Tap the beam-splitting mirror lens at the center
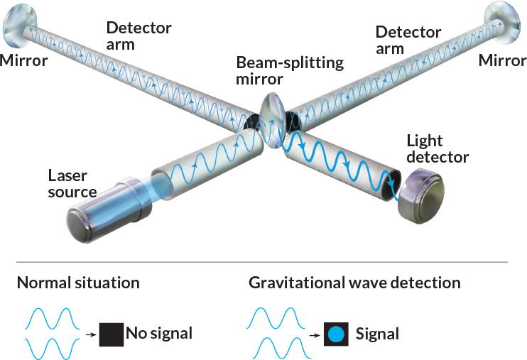[x=271, y=117]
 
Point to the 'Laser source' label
[x=72, y=182]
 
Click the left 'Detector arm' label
[x=138, y=36]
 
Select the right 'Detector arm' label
[x=408, y=40]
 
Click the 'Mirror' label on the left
[x=24, y=60]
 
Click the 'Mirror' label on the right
[x=502, y=60]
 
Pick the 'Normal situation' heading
[x=78, y=283]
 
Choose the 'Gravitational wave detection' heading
[x=354, y=283]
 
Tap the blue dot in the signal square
[x=338, y=332]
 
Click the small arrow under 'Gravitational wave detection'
[x=315, y=332]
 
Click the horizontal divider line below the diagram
[x=263, y=262]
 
